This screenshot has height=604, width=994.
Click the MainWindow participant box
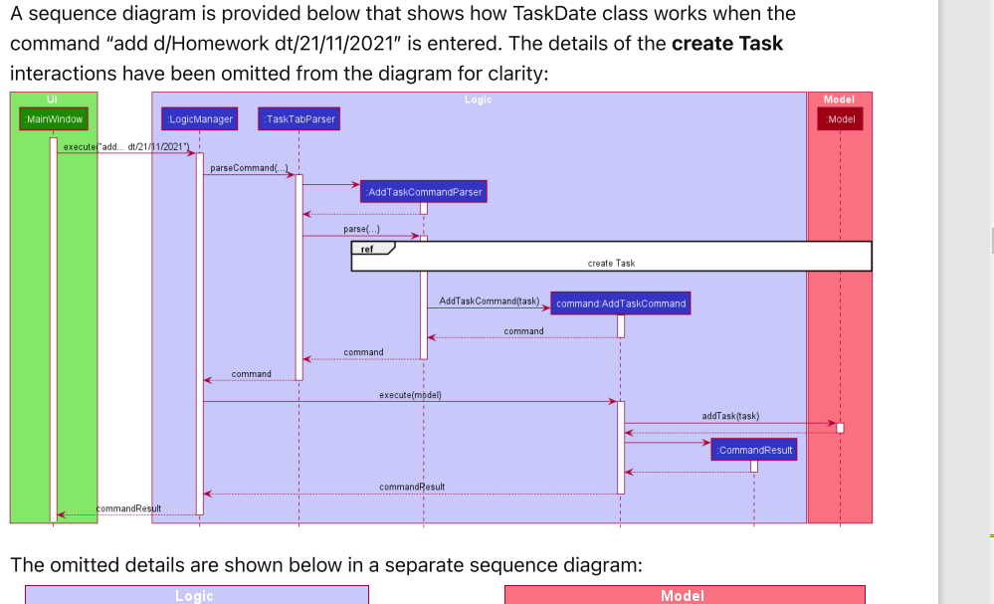point(54,119)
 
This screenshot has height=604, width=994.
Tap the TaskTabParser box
point(298,119)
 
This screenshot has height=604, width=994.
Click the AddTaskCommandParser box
point(424,191)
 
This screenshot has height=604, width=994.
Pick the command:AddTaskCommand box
point(620,303)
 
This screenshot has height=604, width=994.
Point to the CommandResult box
point(754,450)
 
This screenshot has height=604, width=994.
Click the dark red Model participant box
point(841,119)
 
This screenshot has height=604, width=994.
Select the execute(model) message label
point(410,395)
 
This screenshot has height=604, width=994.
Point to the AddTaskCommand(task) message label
point(489,301)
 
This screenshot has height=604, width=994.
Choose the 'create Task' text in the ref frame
point(611,264)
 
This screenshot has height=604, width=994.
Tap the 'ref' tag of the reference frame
point(367,249)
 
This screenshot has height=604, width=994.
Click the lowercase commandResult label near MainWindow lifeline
point(128,508)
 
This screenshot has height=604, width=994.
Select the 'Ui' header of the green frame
point(52,99)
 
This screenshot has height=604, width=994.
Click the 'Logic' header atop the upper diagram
point(478,100)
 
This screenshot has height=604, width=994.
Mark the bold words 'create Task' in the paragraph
point(727,44)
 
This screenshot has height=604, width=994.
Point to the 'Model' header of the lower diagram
point(683,596)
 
